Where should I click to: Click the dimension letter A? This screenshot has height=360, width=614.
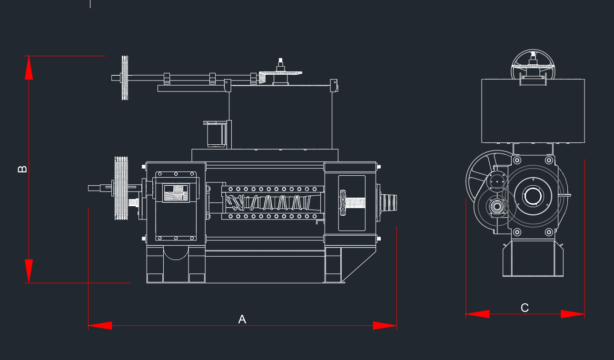[242, 319]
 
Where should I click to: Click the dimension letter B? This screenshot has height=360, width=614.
[22, 169]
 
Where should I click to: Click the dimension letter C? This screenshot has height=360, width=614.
[525, 308]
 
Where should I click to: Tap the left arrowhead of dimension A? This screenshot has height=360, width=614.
[100, 325]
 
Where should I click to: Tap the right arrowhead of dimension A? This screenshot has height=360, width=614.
[385, 325]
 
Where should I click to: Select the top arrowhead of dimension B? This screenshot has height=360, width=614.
[29, 68]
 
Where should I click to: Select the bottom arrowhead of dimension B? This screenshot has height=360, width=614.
[29, 271]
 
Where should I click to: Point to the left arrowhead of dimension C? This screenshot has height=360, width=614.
[478, 314]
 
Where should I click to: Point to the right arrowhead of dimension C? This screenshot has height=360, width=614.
[573, 314]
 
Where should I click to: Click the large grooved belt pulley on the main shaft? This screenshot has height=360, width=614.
[121, 188]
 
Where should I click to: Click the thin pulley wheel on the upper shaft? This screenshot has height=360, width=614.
[125, 78]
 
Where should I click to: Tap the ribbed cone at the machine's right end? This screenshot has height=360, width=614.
[389, 202]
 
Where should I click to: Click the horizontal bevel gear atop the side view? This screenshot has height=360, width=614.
[281, 73]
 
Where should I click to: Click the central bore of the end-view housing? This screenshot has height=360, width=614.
[533, 196]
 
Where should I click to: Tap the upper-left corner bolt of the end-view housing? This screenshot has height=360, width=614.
[517, 160]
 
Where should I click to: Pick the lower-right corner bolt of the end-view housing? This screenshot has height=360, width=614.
[549, 232]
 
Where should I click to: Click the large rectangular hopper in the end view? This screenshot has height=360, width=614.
[533, 111]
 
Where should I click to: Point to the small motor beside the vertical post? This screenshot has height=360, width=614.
[216, 134]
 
